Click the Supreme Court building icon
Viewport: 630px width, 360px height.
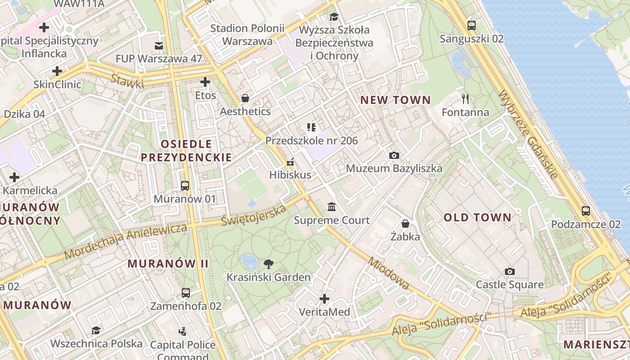click(x=332, y=207)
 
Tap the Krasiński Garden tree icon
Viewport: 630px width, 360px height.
click(x=269, y=264)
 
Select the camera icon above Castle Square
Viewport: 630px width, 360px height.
click(x=509, y=271)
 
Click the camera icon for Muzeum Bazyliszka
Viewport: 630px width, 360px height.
click(x=394, y=155)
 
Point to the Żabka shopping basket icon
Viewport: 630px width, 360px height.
click(x=405, y=223)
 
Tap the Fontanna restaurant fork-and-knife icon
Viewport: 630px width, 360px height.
click(x=465, y=99)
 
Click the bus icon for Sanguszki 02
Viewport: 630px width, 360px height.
click(x=471, y=26)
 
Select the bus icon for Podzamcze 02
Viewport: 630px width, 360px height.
click(x=585, y=211)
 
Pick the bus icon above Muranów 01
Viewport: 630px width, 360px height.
click(x=184, y=185)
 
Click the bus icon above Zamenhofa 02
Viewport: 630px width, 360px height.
click(x=185, y=293)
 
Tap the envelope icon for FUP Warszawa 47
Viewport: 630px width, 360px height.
click(x=158, y=45)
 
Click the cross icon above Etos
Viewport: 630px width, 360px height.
click(x=205, y=82)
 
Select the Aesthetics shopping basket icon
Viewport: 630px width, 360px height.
click(x=245, y=98)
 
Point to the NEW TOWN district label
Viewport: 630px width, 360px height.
click(x=396, y=100)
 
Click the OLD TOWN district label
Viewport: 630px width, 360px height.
click(x=477, y=218)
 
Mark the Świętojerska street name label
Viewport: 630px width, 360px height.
click(x=254, y=216)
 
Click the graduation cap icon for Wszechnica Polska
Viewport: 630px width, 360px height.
click(x=96, y=331)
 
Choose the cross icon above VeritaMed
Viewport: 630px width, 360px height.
click(x=324, y=298)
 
